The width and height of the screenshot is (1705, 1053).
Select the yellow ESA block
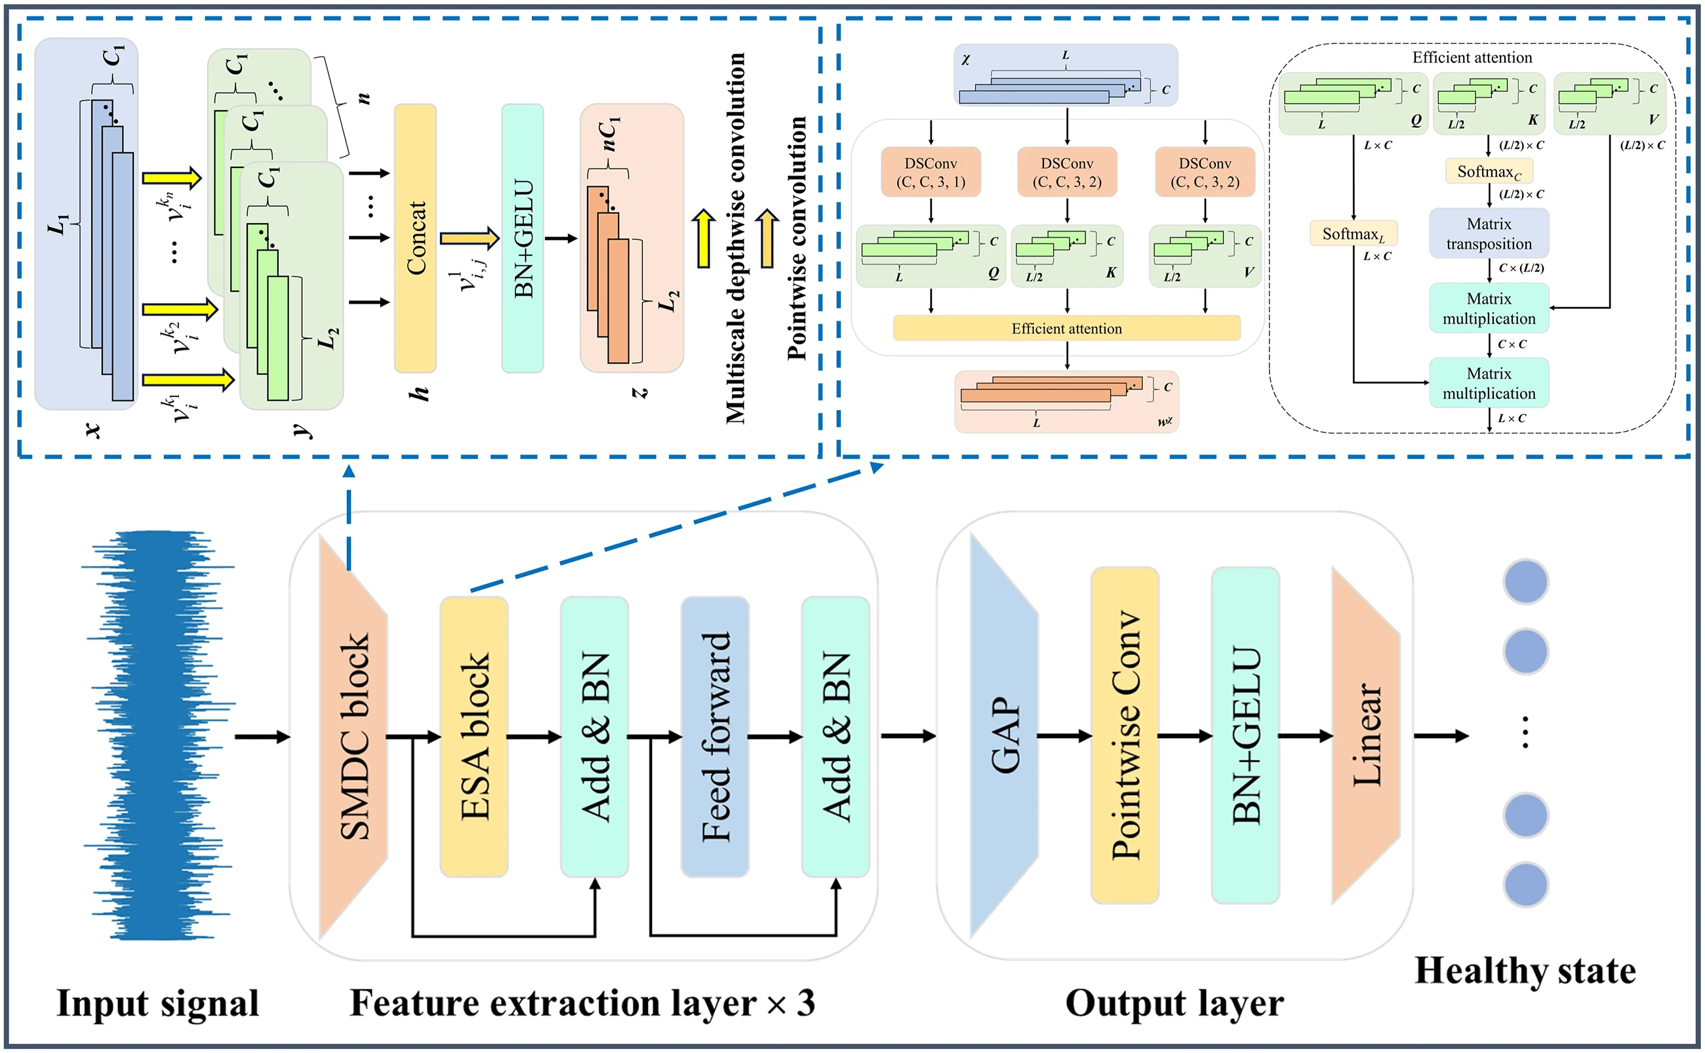point(474,736)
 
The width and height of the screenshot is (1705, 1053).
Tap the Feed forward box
point(715,736)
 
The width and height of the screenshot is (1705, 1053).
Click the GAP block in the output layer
point(1003,736)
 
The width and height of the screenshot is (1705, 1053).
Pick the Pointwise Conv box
point(1125,736)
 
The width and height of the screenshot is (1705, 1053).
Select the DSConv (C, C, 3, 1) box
point(931,172)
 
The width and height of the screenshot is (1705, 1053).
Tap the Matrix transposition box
point(1489,234)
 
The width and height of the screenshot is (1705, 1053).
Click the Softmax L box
point(1353,234)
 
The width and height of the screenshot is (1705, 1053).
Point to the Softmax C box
point(1489,171)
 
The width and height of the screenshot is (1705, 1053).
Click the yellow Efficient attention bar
point(1066,328)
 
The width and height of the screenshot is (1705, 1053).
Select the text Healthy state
point(1525,970)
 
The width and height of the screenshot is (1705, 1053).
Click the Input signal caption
point(157,1004)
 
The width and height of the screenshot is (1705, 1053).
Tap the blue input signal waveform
point(159,735)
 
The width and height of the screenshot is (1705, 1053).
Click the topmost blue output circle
point(1525,581)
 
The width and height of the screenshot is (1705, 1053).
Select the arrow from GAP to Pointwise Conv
point(1064,736)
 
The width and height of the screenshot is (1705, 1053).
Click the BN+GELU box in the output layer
point(1245,736)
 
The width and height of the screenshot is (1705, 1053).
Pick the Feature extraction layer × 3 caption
point(582,1004)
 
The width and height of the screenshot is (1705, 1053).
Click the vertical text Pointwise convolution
point(797,238)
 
